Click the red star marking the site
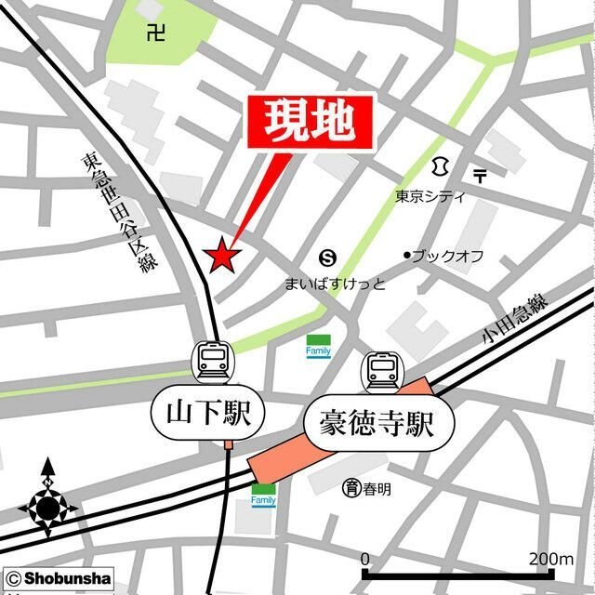tap(222, 256)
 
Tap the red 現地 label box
tap(310, 122)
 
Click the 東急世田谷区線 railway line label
tap(118, 212)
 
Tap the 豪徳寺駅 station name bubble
tap(378, 427)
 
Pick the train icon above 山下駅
tap(214, 358)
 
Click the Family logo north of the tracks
tap(318, 346)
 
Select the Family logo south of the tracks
tap(264, 495)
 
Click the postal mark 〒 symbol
tap(480, 175)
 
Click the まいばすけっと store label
tap(335, 283)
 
